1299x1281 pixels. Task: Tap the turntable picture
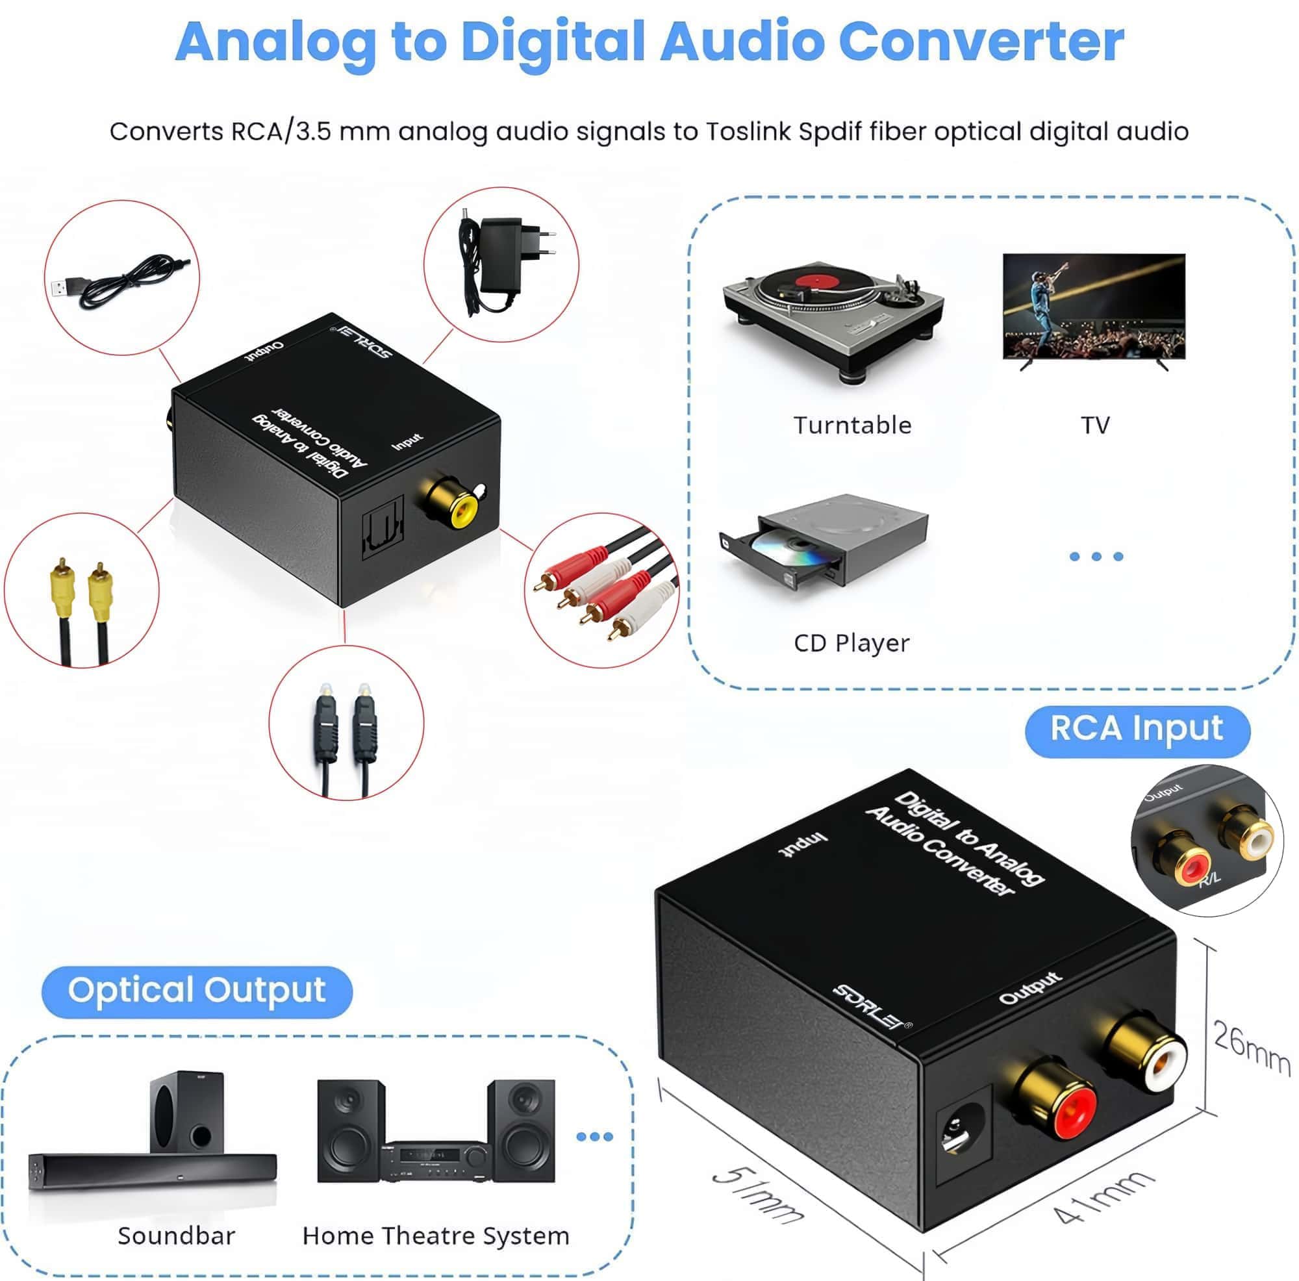pyautogui.click(x=833, y=320)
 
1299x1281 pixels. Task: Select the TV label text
pyautogui.click(x=1094, y=425)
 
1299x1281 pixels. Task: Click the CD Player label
pyautogui.click(x=851, y=643)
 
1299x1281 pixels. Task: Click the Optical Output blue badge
pyautogui.click(x=196, y=991)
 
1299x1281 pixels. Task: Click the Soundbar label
pyautogui.click(x=176, y=1236)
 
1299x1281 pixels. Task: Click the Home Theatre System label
pyautogui.click(x=436, y=1236)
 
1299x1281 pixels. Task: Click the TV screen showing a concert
pyautogui.click(x=1094, y=306)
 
